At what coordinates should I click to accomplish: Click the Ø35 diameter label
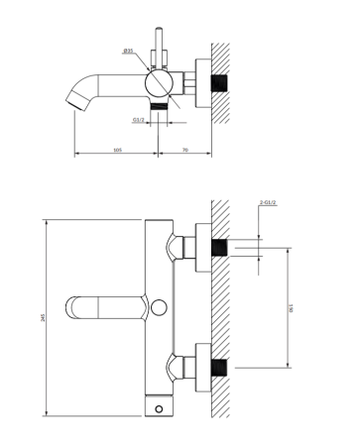pos(128,51)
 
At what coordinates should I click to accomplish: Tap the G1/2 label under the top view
pos(139,120)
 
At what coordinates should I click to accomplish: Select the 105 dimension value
pos(118,150)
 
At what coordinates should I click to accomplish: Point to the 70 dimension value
pos(185,150)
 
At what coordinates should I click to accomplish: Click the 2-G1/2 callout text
pos(269,202)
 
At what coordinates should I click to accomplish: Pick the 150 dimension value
pos(291,308)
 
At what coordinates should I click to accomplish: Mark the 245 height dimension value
pos(43,317)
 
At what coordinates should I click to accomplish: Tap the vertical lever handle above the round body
pos(159,47)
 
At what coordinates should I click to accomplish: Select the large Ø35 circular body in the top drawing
pos(159,83)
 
